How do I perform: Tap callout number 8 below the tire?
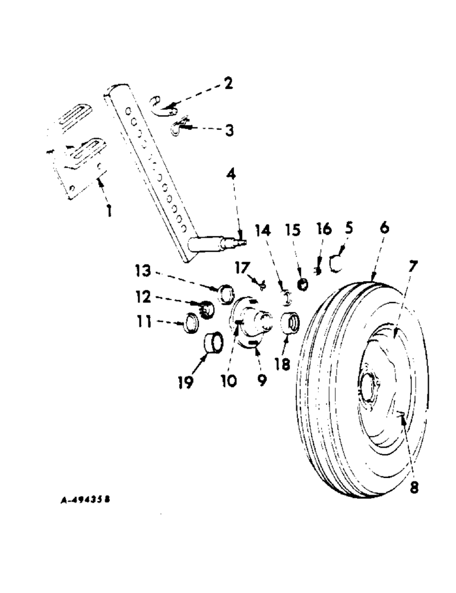click(x=413, y=487)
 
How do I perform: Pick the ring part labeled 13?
click(x=224, y=293)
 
